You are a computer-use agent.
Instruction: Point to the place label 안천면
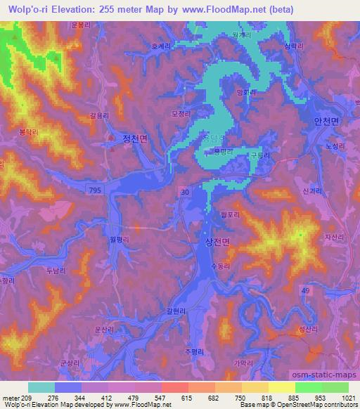[326, 121]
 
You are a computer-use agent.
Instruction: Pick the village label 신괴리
[310, 190]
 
